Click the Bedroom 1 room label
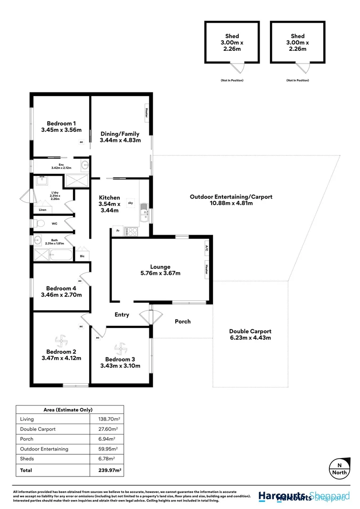coord(61,127)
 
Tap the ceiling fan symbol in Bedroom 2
coord(61,340)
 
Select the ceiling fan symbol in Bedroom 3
coord(121,349)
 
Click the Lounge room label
coord(160,270)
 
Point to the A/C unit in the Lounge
coord(207,247)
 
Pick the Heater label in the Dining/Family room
coord(147,113)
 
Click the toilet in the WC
coord(39,223)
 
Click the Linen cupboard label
coord(42,210)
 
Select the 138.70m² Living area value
coord(106,419)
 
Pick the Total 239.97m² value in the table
coord(106,470)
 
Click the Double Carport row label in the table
coord(38,429)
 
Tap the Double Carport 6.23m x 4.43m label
coord(250,335)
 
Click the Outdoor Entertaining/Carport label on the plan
coord(231,200)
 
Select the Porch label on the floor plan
coord(183,321)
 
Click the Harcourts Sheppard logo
coord(304,496)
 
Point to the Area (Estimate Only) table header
coord(70,410)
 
